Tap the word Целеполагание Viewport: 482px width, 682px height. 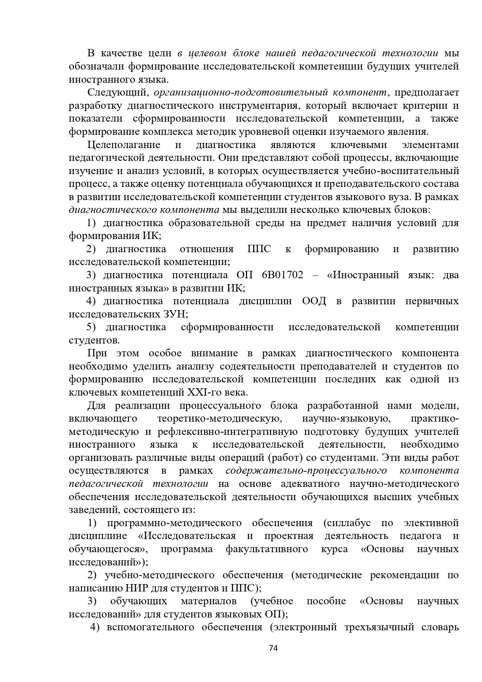[124, 145]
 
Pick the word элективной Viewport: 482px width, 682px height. [431, 523]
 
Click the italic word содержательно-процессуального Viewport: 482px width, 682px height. [306, 471]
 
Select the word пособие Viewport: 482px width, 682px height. [326, 601]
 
